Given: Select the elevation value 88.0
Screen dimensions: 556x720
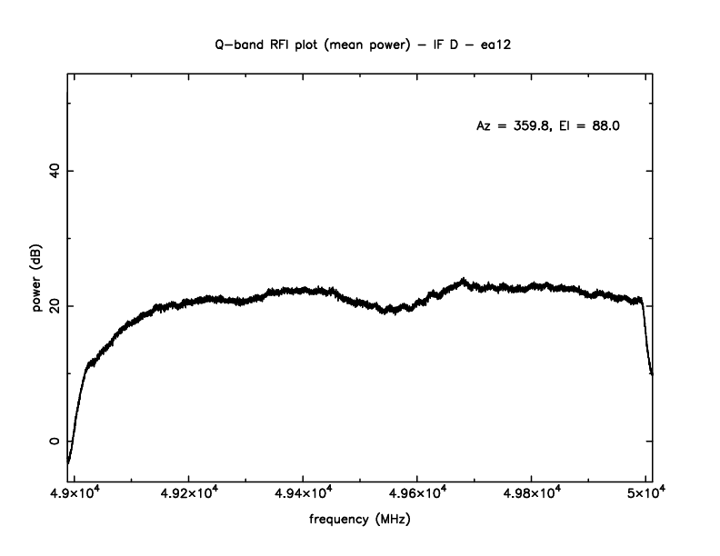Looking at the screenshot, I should click(x=605, y=126).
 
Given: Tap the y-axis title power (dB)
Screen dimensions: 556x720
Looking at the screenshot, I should click(x=37, y=281).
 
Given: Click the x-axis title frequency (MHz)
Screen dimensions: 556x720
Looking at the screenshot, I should click(x=360, y=521).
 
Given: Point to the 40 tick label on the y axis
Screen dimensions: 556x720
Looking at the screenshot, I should click(x=53, y=171).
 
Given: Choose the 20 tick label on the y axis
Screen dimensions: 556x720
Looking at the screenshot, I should click(x=53, y=306).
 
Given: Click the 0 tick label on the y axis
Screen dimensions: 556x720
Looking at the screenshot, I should click(x=53, y=442).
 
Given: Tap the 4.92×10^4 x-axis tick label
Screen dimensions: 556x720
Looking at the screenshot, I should click(x=188, y=494).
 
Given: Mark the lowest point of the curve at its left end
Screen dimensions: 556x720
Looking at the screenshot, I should click(x=68, y=462).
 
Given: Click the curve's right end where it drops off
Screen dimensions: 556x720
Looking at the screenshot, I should click(x=651, y=371).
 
